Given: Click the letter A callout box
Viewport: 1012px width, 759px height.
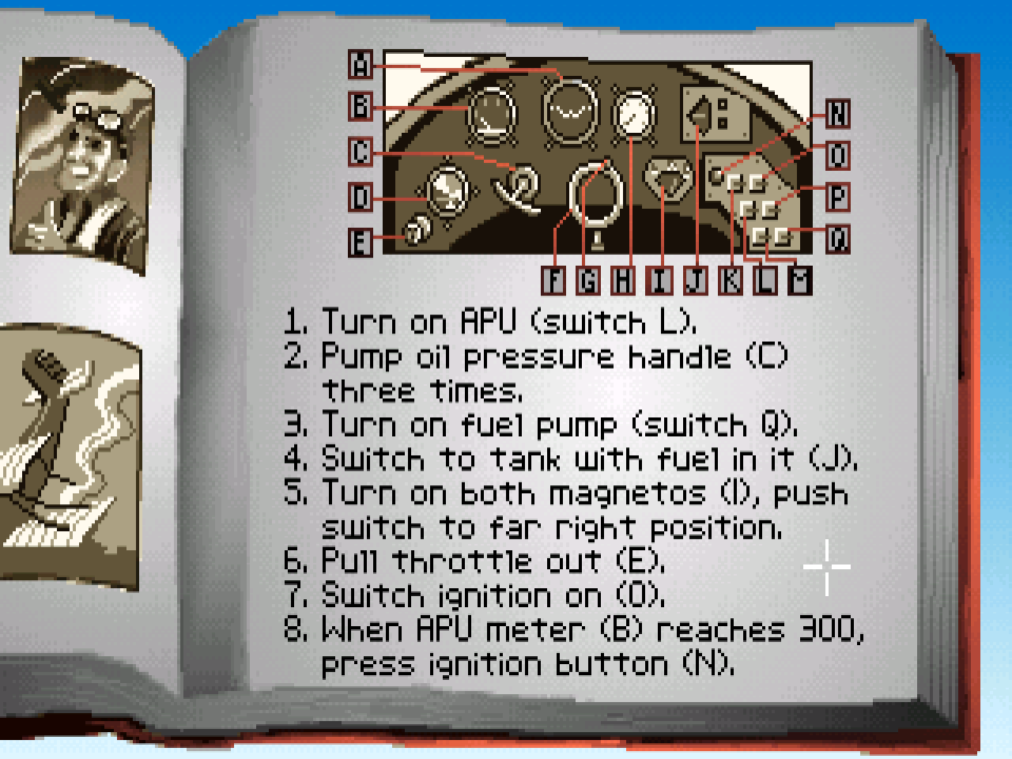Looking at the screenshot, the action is (361, 65).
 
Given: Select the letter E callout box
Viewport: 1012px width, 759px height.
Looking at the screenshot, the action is (361, 243).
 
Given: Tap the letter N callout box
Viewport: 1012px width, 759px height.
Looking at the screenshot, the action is (838, 113).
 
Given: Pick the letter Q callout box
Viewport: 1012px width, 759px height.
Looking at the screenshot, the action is (838, 239).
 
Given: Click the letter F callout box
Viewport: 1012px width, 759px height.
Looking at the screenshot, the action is (553, 280).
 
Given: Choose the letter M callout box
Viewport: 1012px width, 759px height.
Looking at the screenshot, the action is (799, 280).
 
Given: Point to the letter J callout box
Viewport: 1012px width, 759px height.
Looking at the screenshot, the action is (696, 280).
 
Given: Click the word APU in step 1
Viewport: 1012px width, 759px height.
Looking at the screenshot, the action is (488, 321).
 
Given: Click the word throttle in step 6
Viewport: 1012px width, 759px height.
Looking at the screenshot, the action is (463, 561).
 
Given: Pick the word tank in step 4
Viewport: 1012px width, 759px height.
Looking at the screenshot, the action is (525, 459).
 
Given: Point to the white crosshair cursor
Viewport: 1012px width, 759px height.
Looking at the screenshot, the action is (827, 567).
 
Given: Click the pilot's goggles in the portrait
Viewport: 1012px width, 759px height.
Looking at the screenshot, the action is (98, 115).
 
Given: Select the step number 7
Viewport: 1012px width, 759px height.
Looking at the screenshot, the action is (295, 595).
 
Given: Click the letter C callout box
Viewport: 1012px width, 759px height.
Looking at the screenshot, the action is (361, 152).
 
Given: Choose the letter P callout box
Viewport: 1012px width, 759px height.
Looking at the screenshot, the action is (838, 197).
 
